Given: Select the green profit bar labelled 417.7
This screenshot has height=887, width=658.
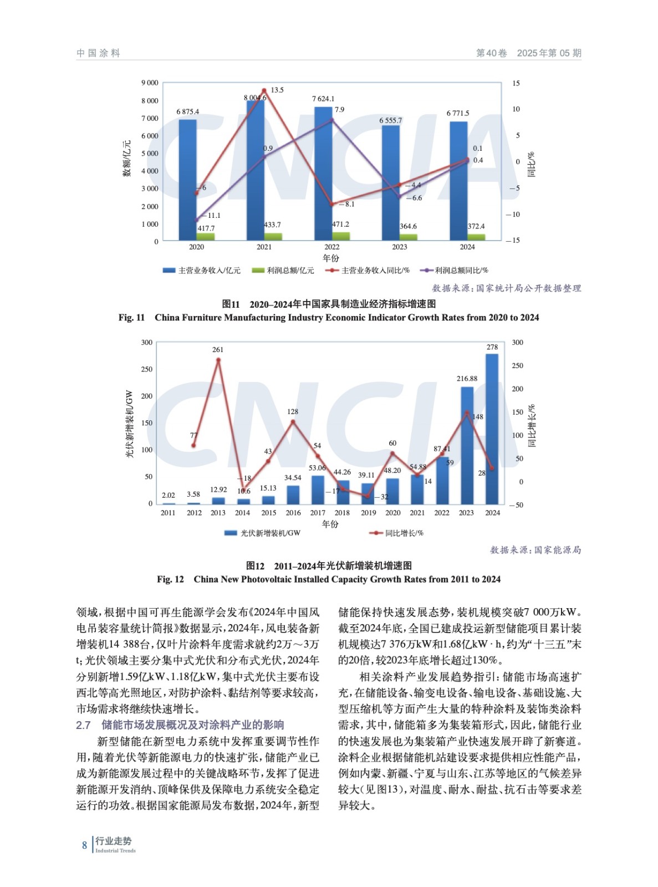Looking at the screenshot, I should point(206,237).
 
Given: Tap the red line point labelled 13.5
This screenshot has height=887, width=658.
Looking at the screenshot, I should point(264,90).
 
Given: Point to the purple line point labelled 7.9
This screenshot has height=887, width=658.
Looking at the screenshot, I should point(331,120).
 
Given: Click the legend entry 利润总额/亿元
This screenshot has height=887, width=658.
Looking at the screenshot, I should point(283,271).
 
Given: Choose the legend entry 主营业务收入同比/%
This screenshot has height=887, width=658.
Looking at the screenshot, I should point(368,271).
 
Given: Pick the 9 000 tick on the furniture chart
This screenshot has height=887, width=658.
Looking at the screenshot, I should point(150,83).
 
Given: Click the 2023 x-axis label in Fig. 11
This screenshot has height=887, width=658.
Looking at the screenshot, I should point(399,247).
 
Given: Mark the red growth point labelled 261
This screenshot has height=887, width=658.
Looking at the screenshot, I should point(218,360).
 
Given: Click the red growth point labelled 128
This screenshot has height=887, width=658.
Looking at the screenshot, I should point(293,422).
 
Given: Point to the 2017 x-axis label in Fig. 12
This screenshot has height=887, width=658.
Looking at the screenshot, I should point(318,513).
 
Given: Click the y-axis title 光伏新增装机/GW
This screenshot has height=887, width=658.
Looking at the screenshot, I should point(129,424).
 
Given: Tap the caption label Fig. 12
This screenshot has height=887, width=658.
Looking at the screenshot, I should point(170,579).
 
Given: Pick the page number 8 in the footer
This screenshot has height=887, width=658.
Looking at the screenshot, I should point(85,845).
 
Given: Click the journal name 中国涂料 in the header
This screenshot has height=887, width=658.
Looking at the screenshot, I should point(98,53).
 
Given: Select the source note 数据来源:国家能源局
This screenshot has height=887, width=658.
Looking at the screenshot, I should point(535,550).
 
